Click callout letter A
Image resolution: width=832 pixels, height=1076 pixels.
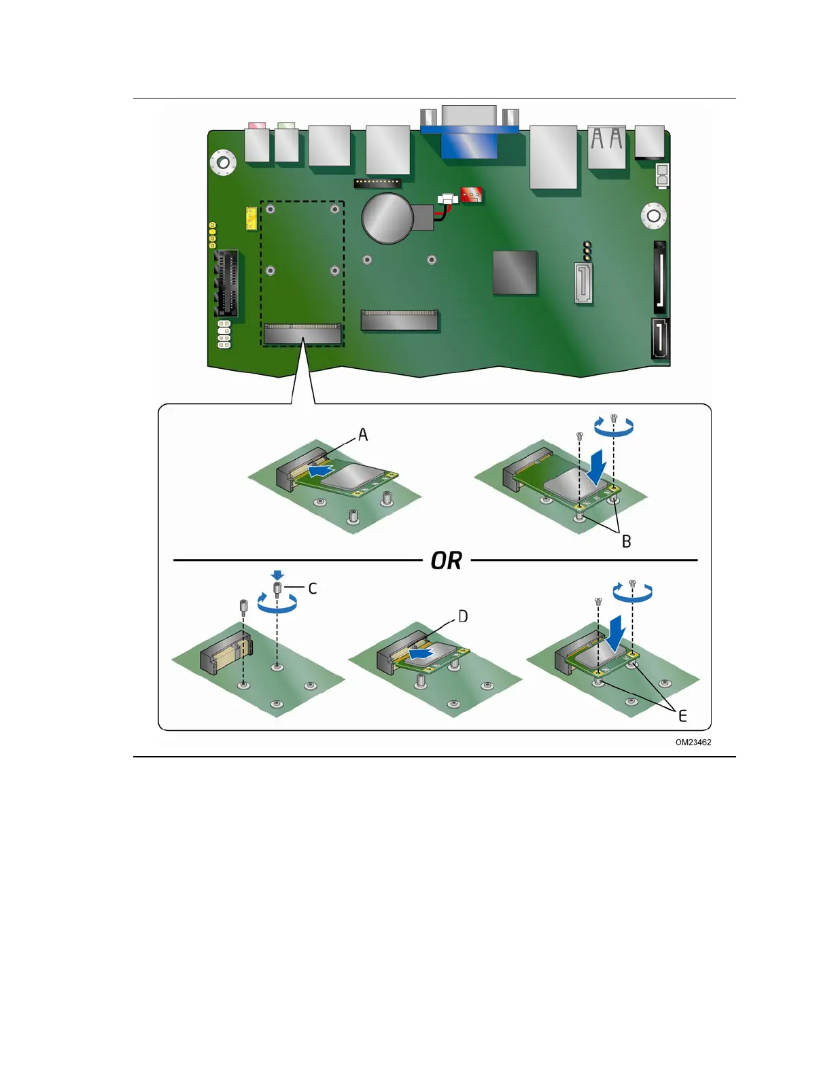(363, 435)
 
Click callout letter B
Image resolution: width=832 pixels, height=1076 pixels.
(627, 541)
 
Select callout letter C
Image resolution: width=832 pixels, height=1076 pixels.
(313, 588)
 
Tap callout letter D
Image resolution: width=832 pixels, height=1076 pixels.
(463, 616)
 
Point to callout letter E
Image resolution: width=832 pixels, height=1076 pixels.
(682, 715)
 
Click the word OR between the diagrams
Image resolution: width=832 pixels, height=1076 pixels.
(447, 561)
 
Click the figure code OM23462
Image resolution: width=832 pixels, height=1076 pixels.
(693, 742)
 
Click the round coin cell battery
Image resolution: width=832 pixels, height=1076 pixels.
(387, 218)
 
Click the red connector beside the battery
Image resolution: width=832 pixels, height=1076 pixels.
(472, 196)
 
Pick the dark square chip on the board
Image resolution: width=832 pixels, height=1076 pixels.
(515, 272)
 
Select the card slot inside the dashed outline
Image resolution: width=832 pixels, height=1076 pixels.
(302, 334)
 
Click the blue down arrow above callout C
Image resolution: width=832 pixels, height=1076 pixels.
(277, 575)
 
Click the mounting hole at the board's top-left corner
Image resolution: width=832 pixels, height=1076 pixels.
(222, 162)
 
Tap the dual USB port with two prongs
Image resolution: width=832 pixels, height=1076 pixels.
(606, 146)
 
